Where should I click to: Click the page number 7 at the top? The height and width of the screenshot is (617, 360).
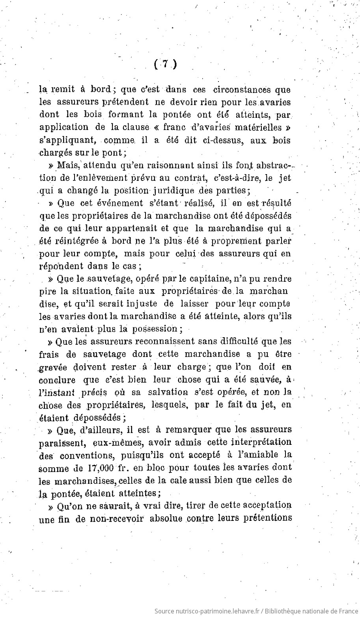tap(165, 64)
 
